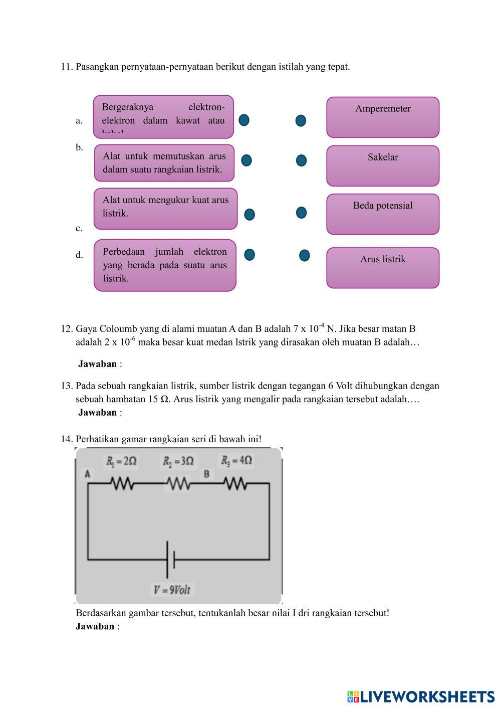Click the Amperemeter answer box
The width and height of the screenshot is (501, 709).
[383, 117]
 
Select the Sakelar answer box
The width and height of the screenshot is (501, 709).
[383, 166]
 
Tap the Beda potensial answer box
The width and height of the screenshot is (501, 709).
[383, 214]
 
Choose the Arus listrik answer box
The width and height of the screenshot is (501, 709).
[383, 268]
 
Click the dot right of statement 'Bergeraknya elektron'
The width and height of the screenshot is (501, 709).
[244, 120]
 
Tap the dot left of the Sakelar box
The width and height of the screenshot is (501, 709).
[301, 160]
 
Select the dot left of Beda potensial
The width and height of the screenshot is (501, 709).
[301, 213]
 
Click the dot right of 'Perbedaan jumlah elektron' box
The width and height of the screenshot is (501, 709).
[249, 255]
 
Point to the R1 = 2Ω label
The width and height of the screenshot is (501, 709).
[121, 461]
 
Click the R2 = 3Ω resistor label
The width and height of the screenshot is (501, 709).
[178, 461]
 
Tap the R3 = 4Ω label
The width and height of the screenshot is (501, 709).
[236, 460]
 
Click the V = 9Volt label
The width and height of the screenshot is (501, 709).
[172, 590]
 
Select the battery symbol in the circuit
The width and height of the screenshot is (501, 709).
[170, 559]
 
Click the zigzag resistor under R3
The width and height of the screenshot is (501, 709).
[235, 484]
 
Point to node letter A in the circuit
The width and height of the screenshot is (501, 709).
[88, 473]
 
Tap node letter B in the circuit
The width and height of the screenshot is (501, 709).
[206, 473]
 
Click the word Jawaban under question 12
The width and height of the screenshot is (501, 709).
[97, 364]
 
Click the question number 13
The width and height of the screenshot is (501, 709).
[67, 386]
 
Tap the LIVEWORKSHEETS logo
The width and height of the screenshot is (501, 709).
[421, 696]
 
